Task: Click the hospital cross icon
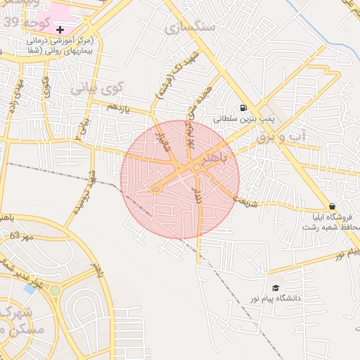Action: pyautogui.click(x=60, y=30)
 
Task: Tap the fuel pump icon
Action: pyautogui.click(x=243, y=108)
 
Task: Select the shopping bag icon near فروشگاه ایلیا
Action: pyautogui.click(x=332, y=206)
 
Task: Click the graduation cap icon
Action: pyautogui.click(x=276, y=288)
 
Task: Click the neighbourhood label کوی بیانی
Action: pyautogui.click(x=97, y=89)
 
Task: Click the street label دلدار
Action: pyautogui.click(x=198, y=196)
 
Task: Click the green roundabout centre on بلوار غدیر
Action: pyautogui.click(x=55, y=289)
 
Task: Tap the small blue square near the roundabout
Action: pyautogui.click(x=30, y=288)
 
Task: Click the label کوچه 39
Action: pyautogui.click(x=21, y=22)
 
